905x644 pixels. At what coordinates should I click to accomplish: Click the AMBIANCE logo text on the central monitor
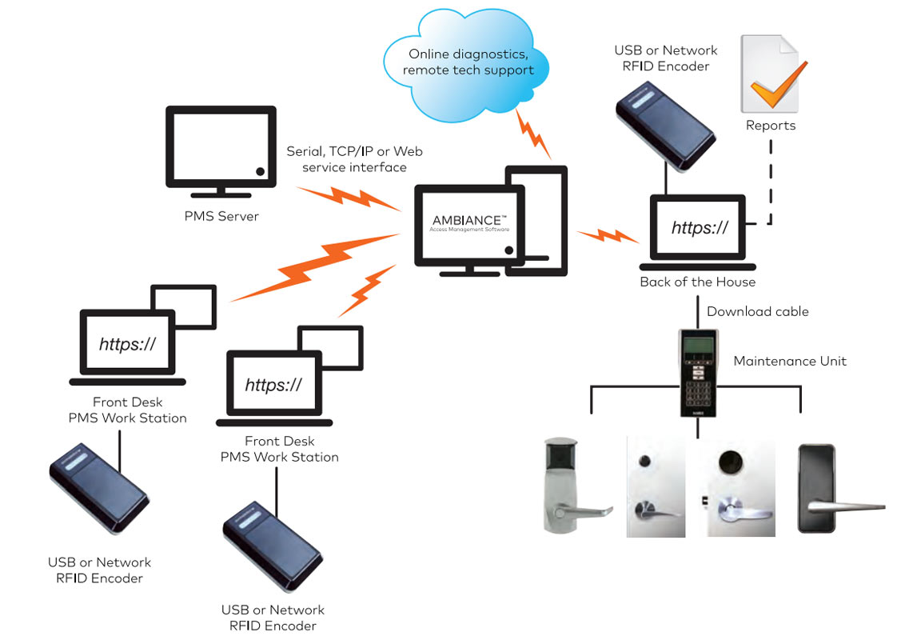[x=469, y=220]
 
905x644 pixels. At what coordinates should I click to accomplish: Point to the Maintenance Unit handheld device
[x=698, y=371]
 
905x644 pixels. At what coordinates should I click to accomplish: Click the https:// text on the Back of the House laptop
[x=700, y=228]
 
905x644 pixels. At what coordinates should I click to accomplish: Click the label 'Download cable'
[x=757, y=311]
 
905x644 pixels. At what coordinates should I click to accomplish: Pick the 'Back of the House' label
[x=697, y=282]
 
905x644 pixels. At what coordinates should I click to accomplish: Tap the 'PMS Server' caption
[x=221, y=216]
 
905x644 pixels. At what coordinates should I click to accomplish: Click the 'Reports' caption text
[x=771, y=126]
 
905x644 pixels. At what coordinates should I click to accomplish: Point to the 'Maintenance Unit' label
[x=790, y=361]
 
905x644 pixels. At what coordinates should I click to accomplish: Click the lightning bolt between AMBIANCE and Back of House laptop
[x=608, y=237]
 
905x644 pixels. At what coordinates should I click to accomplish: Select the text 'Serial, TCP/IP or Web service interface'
[x=354, y=159]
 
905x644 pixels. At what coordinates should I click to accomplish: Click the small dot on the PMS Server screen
[x=260, y=170]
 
